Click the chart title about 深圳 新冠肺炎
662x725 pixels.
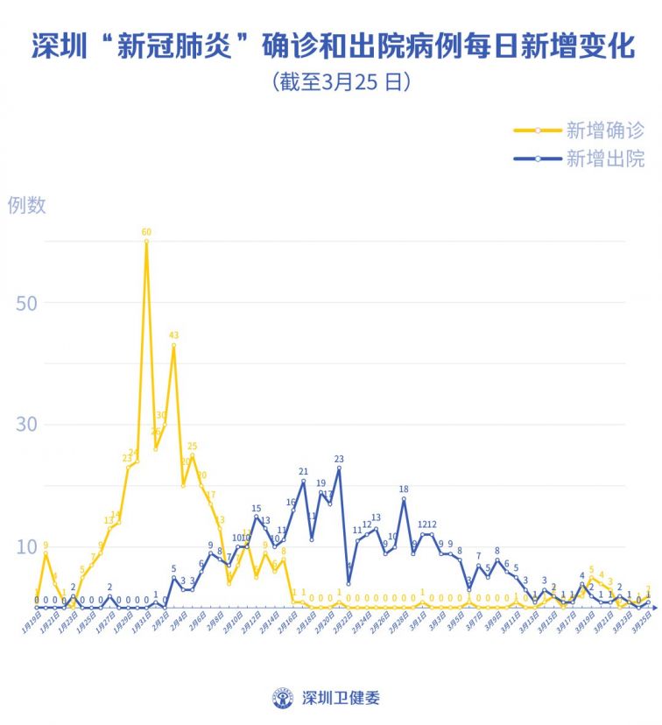(331, 46)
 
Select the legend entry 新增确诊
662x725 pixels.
(605, 130)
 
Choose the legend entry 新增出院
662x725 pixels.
(605, 158)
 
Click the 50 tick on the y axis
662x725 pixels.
(26, 302)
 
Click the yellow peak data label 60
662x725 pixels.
(146, 232)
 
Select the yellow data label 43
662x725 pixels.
(173, 335)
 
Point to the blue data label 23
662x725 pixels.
(339, 459)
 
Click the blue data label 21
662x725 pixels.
(303, 471)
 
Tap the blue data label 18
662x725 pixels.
(404, 489)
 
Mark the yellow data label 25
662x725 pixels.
(192, 447)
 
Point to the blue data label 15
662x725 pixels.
(257, 508)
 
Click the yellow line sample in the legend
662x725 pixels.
(536, 130)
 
